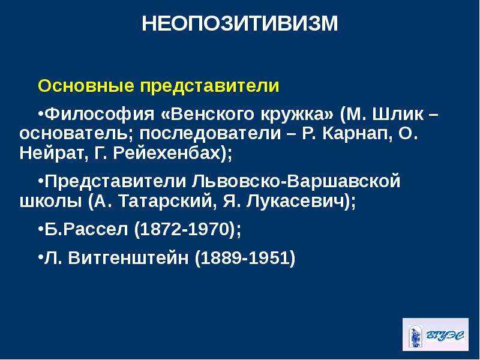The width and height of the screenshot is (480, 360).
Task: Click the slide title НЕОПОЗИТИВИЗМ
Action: coord(240,23)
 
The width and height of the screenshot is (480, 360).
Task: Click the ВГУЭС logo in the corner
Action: coord(435,335)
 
